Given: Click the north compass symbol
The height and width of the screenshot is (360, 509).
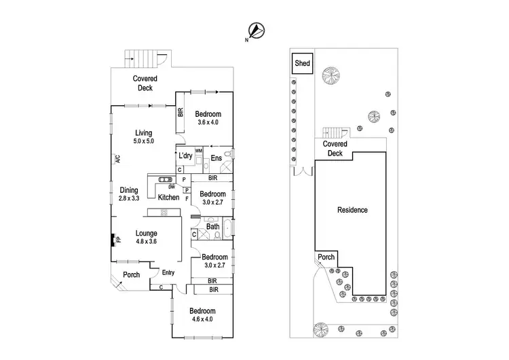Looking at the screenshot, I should (x=257, y=30).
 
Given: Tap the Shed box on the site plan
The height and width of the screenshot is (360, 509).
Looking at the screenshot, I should (x=302, y=64).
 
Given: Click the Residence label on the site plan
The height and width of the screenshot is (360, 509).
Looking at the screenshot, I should (x=352, y=210).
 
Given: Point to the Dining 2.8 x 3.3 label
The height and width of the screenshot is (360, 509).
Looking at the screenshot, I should (x=129, y=194).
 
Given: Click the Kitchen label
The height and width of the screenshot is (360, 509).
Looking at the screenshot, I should (x=168, y=198).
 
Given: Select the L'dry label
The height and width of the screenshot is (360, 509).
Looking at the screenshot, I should (x=186, y=156).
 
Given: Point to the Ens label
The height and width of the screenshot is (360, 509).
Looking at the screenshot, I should (x=216, y=159).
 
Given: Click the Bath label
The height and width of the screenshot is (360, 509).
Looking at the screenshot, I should (x=212, y=227).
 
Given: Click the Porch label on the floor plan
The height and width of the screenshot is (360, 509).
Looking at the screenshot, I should (x=132, y=275).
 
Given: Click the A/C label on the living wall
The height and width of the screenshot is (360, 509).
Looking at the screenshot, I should (x=117, y=160).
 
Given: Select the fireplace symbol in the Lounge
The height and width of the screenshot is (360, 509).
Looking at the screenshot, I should (x=113, y=239).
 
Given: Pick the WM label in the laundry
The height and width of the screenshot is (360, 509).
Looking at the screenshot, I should (x=199, y=150).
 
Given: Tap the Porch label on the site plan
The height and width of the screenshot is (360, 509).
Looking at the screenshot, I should (x=326, y=257).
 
